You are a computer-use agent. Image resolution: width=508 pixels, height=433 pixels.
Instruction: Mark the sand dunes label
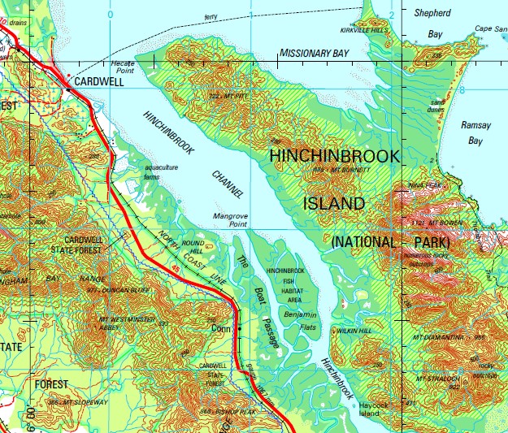point(438,106)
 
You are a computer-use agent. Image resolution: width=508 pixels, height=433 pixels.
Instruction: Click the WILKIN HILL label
point(354,331)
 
